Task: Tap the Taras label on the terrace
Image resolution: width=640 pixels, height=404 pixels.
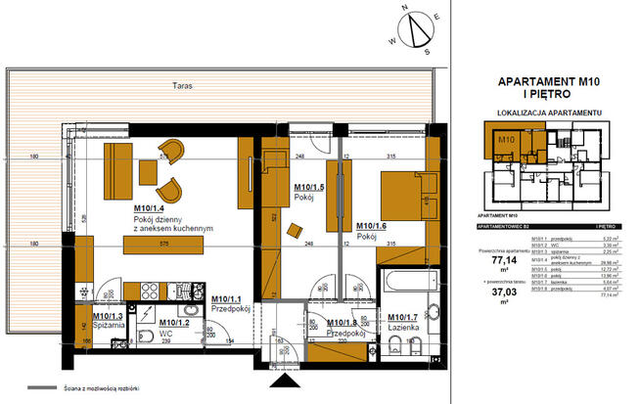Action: point(178,86)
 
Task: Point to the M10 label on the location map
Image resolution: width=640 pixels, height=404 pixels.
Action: point(505,141)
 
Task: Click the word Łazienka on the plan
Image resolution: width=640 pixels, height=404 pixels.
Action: point(402,327)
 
